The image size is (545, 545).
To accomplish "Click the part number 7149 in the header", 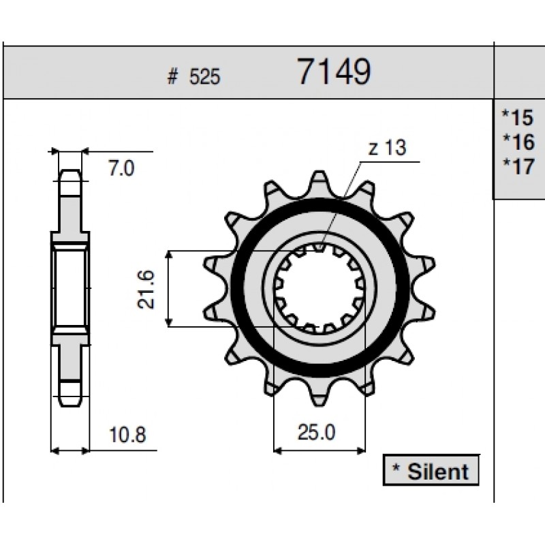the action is pos(334,72).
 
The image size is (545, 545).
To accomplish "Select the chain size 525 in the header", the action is pos(204,76).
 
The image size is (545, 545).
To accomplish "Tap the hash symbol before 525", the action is pos(172,76).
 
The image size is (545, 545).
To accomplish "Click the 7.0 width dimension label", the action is pos(121,168).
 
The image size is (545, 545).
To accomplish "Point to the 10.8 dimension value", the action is pos(127,435).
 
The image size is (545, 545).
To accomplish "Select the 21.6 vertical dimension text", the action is pos(146,289).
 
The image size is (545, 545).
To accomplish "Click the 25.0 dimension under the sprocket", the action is pos(316,433).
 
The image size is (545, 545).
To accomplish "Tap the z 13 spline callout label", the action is pos(387,148).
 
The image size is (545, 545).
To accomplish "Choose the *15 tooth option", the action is pos(518,117).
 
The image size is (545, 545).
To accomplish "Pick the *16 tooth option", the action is pos(518,142).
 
